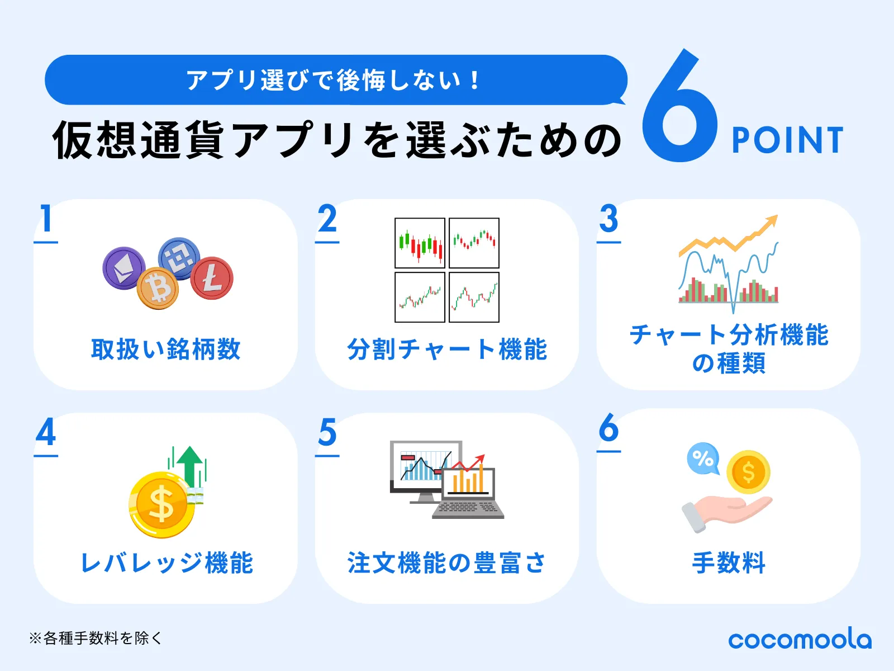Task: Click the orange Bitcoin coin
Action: point(158,288)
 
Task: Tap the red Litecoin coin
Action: point(212,278)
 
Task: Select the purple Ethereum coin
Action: point(124,268)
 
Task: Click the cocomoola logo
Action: point(800,639)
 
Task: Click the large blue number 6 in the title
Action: point(679,109)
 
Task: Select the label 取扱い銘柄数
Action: point(166,349)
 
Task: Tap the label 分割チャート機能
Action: point(447,349)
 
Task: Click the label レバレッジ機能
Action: point(167,563)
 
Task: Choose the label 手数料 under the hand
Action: point(729,563)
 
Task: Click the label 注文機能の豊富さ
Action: point(446,563)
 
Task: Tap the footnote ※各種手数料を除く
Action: point(96,638)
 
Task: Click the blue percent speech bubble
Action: point(703,459)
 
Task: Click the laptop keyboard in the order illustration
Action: point(468,508)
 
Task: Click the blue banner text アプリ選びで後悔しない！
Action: point(334,80)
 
